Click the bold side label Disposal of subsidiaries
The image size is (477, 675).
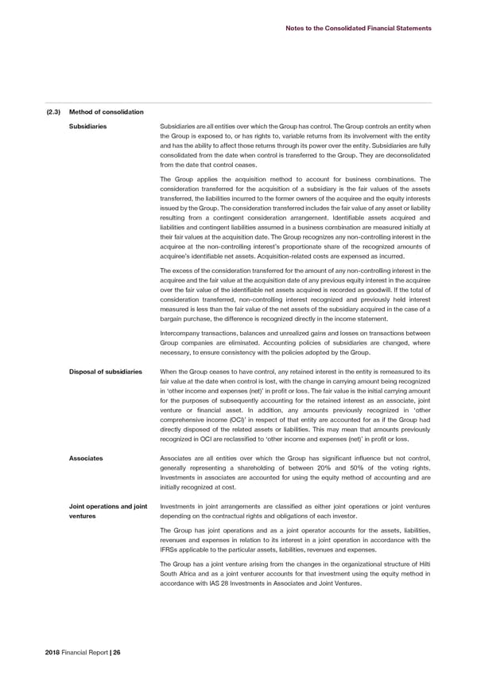pyautogui.click(x=105, y=372)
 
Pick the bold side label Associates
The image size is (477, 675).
pyautogui.click(x=86, y=458)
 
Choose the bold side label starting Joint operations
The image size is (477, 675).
pyautogui.click(x=107, y=506)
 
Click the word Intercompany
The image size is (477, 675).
pyautogui.click(x=184, y=334)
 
